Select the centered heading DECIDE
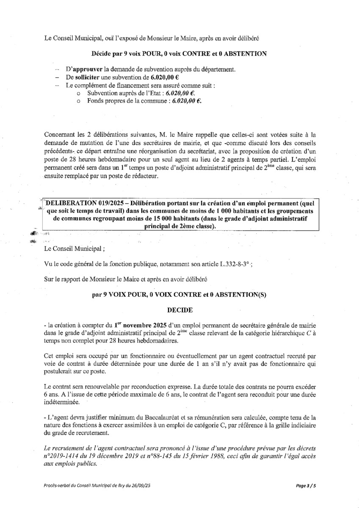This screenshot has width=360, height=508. click(180, 310)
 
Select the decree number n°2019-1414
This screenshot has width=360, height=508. click(63, 455)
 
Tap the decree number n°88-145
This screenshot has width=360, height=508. click(167, 455)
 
